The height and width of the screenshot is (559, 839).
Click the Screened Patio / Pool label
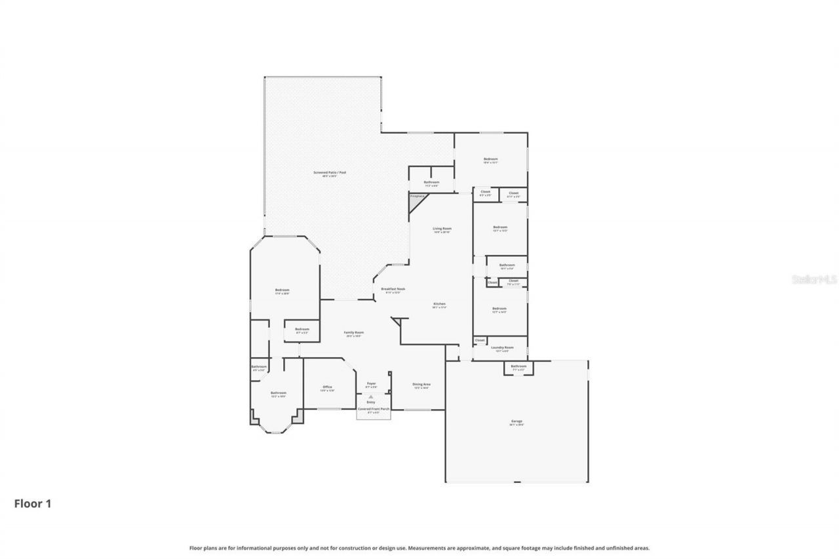pos(329,172)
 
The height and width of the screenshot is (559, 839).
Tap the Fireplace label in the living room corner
pos(417,196)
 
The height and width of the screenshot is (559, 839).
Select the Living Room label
pos(442,229)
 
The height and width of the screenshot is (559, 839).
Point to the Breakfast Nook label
pos(393,289)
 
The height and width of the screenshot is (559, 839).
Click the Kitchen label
pos(439,304)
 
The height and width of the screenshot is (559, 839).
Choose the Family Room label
pos(354,333)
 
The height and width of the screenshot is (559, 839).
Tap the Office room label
pos(327,387)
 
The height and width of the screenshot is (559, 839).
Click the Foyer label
pos(371,383)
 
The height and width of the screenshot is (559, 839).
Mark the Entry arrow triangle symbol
pos(371,396)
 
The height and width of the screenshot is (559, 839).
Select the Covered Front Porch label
pos(373,408)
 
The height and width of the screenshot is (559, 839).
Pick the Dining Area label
pos(421,385)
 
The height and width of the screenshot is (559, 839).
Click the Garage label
pos(517,421)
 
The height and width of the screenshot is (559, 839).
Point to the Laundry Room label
pos(504,348)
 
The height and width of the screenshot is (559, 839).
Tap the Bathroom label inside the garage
pos(518,366)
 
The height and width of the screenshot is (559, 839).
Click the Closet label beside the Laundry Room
pos(480,340)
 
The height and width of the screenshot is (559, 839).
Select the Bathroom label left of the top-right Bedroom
pos(431,182)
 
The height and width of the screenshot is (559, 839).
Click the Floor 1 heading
pos(32,503)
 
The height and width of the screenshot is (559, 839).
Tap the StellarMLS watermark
pos(815,279)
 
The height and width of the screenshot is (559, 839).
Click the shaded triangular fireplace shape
pos(415,204)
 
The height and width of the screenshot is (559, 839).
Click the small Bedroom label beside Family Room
pos(302,330)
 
